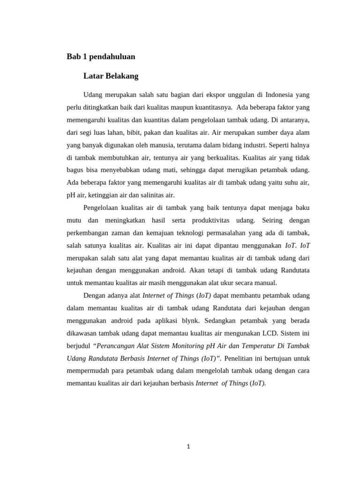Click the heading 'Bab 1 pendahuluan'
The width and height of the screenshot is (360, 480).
pos(101,57)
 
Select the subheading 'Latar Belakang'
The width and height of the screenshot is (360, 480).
pos(111,76)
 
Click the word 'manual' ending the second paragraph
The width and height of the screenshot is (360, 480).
pos(265,283)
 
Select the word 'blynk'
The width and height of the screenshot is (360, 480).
pos(190,321)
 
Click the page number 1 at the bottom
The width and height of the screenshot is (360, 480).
pos(188,447)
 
